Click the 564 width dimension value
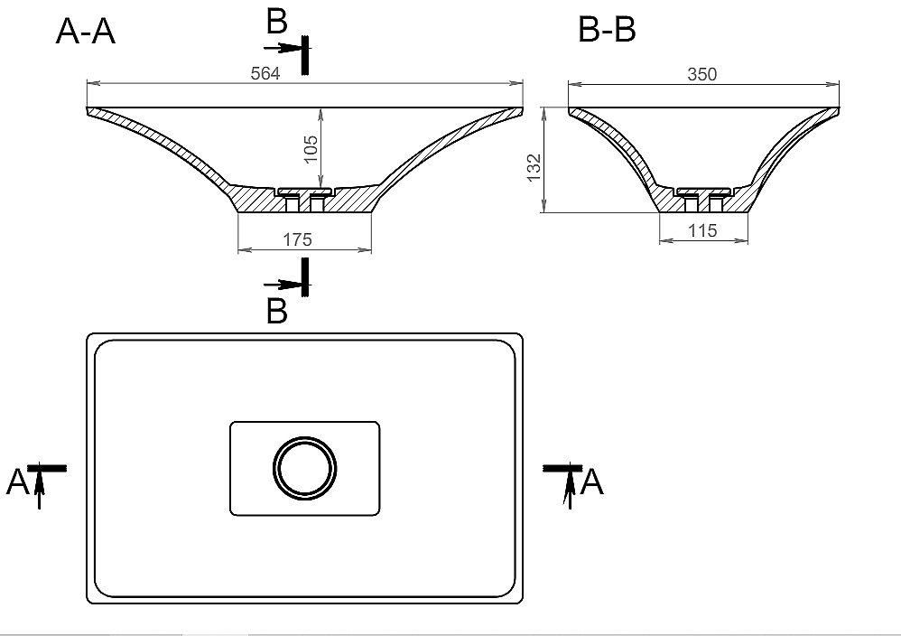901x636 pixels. click(x=265, y=73)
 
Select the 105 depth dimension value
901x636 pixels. click(x=311, y=149)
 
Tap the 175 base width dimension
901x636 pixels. click(x=297, y=239)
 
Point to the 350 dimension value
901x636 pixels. click(x=702, y=74)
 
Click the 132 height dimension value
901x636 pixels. click(x=534, y=168)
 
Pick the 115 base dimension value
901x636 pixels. click(x=702, y=230)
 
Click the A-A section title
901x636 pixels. click(x=86, y=31)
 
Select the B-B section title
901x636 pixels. click(x=607, y=29)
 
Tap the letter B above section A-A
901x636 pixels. click(x=276, y=22)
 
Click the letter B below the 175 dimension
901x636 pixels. click(x=276, y=312)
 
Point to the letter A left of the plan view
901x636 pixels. click(x=17, y=482)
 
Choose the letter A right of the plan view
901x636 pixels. click(x=592, y=482)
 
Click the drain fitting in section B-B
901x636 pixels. click(x=704, y=199)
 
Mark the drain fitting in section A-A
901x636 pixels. click(x=304, y=199)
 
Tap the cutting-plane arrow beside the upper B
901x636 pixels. click(x=283, y=47)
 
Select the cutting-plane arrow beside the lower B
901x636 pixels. click(x=283, y=284)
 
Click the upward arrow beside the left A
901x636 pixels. click(x=39, y=491)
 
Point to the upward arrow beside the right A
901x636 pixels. click(x=569, y=491)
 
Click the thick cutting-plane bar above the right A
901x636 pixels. click(x=562, y=468)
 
